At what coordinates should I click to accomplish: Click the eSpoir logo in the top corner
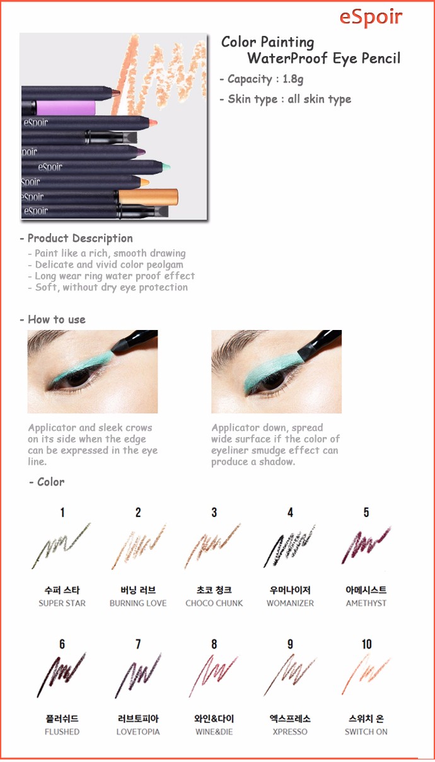tap(371, 18)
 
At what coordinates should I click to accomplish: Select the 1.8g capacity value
tap(293, 79)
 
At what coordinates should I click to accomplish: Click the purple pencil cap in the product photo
tap(66, 108)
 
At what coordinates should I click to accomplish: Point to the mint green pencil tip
tap(166, 167)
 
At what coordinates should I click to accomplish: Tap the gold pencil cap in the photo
tap(148, 197)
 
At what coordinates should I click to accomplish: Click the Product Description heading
tap(80, 238)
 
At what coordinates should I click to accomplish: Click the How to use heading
tap(57, 319)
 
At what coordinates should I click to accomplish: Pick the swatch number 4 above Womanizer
tap(290, 513)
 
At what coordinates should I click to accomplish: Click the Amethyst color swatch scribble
tap(366, 544)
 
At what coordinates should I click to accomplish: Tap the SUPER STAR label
tap(62, 603)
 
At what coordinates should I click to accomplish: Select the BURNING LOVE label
tap(138, 603)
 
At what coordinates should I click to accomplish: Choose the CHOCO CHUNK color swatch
tap(212, 545)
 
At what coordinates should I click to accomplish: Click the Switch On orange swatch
tap(365, 674)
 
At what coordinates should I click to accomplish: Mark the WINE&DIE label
tap(214, 732)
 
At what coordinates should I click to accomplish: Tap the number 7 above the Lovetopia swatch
tap(138, 644)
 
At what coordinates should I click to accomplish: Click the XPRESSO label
tap(290, 732)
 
